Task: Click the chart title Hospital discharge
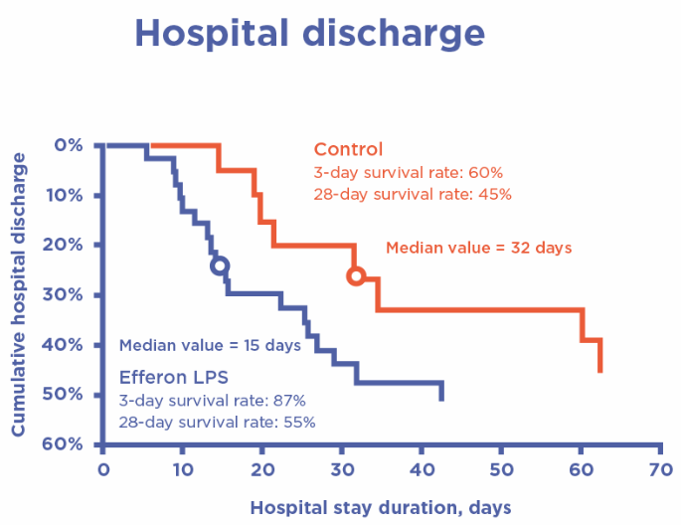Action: [310, 33]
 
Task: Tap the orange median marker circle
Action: [356, 276]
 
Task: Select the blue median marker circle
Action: [220, 265]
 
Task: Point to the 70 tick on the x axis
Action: [658, 466]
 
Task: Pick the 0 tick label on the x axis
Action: [102, 466]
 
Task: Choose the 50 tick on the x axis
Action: [500, 466]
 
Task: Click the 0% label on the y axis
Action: [66, 145]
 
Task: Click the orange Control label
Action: [348, 150]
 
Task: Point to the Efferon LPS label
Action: [174, 378]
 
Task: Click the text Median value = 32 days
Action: [478, 248]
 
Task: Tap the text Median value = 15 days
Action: [210, 347]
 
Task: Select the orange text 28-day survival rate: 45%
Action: [413, 195]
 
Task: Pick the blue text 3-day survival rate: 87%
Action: [212, 401]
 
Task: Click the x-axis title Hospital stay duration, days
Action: [381, 507]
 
